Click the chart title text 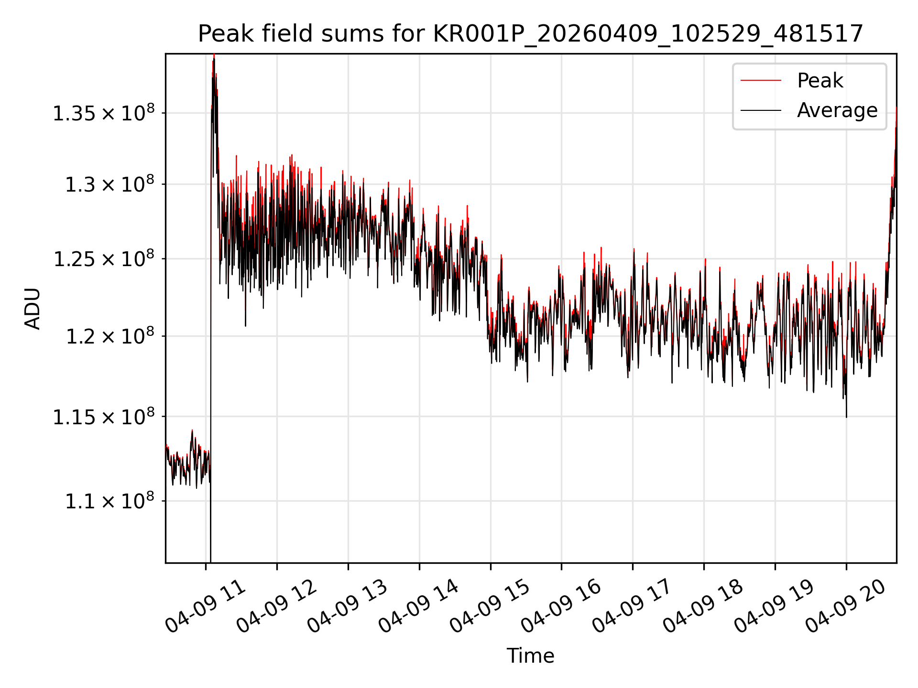tap(530, 34)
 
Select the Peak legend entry tap(820, 80)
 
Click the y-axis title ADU tap(33, 308)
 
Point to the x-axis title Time tap(530, 656)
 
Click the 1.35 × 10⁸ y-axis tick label tap(104, 113)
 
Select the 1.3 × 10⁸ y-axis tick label tap(110, 184)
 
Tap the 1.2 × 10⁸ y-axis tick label tap(110, 336)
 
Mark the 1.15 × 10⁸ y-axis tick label tap(104, 416)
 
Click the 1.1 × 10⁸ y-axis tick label tap(110, 501)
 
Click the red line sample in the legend tap(761, 80)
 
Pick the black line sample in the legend tap(761, 110)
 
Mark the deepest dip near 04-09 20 tap(846, 417)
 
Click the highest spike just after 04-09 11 tap(214, 55)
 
